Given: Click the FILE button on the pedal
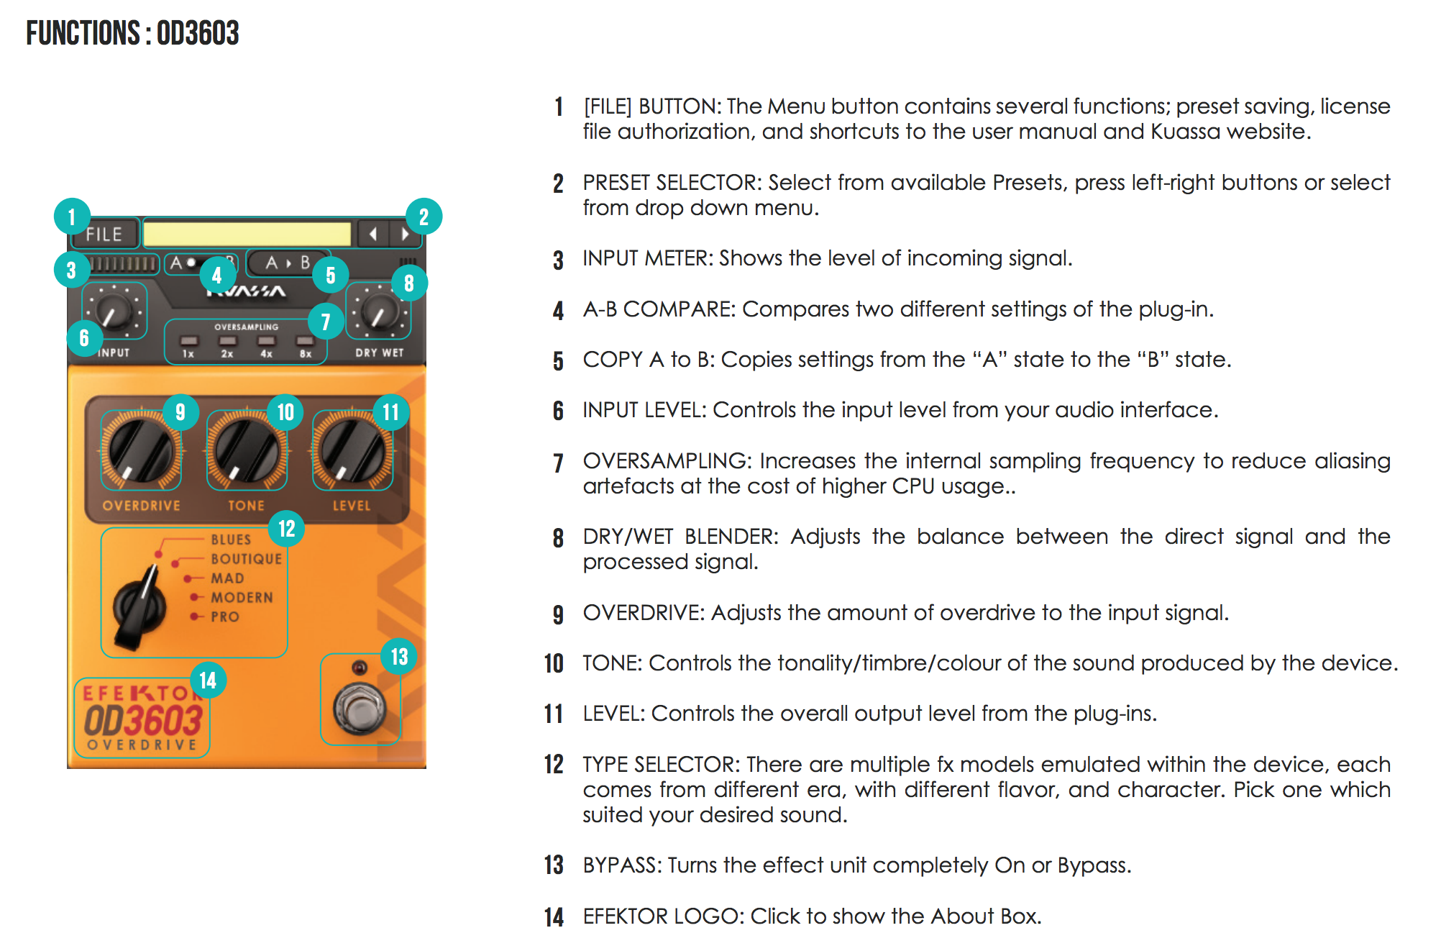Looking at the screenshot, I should click(105, 235).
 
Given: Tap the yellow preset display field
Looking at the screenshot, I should click(247, 234).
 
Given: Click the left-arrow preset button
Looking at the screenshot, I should click(373, 234).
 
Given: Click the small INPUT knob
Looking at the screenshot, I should click(114, 311).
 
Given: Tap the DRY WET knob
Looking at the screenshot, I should click(378, 311).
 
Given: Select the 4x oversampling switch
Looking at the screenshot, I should click(266, 341).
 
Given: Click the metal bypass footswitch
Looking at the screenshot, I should click(360, 709).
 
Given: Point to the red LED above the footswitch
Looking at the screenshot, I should click(360, 667).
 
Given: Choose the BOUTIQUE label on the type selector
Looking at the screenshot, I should click(246, 559).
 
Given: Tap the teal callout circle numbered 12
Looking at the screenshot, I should click(287, 529).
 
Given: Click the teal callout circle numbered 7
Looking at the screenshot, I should click(326, 322).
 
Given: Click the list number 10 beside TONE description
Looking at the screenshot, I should click(554, 663).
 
